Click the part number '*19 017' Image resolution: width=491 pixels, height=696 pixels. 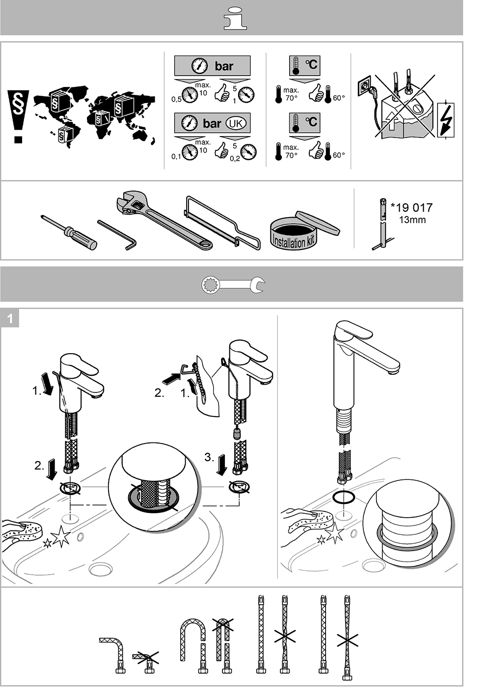click(x=411, y=207)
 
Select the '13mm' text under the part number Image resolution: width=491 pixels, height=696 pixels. click(x=412, y=220)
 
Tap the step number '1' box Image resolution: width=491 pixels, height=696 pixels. click(x=10, y=318)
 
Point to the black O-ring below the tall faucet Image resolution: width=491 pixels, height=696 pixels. click(x=343, y=497)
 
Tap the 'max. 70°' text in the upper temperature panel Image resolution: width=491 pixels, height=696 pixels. click(x=291, y=94)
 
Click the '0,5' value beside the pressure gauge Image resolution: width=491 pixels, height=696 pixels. click(x=176, y=99)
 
